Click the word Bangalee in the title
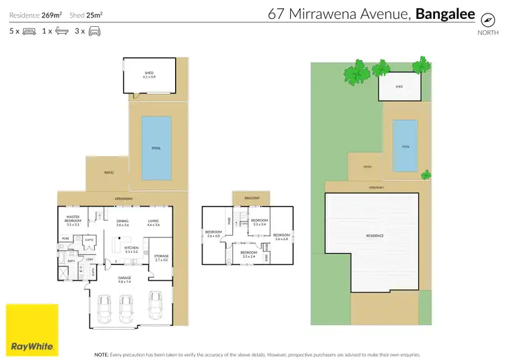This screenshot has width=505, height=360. click(x=446, y=13)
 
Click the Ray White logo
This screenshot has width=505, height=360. click(x=29, y=329)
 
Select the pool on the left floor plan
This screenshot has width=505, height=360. click(x=156, y=148)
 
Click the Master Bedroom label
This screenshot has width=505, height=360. click(x=72, y=221)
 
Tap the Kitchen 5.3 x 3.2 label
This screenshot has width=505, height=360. click(x=131, y=250)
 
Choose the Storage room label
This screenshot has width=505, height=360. click(x=161, y=258)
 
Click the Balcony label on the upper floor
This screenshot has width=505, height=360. click(x=250, y=199)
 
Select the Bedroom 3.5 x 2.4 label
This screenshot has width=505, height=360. click(x=248, y=254)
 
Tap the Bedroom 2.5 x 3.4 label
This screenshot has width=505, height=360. click(x=259, y=222)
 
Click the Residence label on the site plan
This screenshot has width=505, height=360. click(x=374, y=236)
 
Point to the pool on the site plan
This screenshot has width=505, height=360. click(x=405, y=146)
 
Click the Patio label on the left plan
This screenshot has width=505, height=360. click(x=108, y=173)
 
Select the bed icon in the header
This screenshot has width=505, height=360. click(x=29, y=31)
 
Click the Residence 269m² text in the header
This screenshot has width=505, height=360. click(x=32, y=14)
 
